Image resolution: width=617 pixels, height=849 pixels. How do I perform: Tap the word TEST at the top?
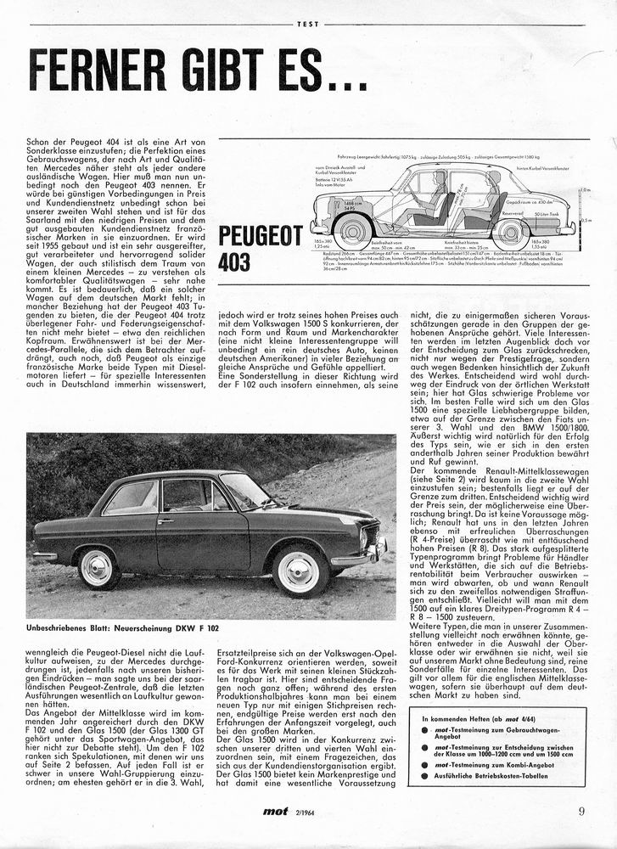tap(308, 24)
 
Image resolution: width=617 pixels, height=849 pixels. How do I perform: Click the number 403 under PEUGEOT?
tap(233, 262)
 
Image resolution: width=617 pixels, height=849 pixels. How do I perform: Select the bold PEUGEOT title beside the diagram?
tap(261, 236)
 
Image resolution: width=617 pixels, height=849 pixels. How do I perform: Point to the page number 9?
tap(581, 811)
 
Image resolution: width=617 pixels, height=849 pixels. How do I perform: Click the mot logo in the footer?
tap(276, 812)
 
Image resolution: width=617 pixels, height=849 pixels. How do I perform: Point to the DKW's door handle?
tap(165, 521)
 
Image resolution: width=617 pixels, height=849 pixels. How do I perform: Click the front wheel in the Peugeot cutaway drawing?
tap(353, 230)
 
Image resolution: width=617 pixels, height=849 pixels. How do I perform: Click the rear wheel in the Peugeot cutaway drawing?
tap(510, 231)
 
